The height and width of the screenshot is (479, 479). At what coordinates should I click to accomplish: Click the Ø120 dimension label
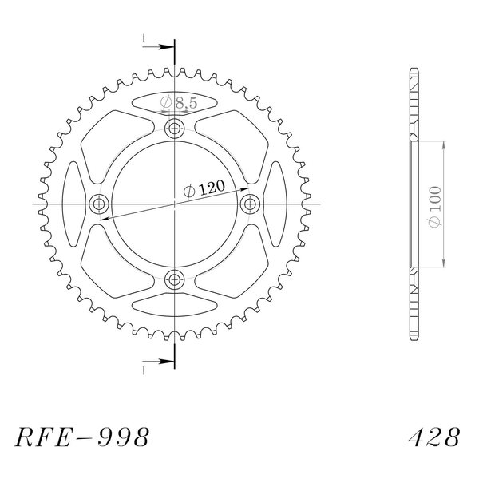(204, 189)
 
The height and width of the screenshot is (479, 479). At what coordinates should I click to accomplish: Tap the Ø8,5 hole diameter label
(179, 103)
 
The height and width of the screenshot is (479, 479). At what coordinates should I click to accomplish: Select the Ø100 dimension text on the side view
(435, 207)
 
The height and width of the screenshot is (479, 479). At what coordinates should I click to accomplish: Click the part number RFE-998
(82, 437)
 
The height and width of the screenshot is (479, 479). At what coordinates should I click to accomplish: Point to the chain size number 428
(433, 437)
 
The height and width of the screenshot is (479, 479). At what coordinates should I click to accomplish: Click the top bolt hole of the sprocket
(174, 129)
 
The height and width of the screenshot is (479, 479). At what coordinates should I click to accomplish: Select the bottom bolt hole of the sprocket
(174, 279)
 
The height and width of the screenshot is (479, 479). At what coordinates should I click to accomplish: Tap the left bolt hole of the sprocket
(99, 204)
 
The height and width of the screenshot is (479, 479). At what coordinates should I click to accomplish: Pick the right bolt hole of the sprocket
(250, 204)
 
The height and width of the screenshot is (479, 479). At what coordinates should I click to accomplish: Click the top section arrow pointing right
(158, 47)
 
